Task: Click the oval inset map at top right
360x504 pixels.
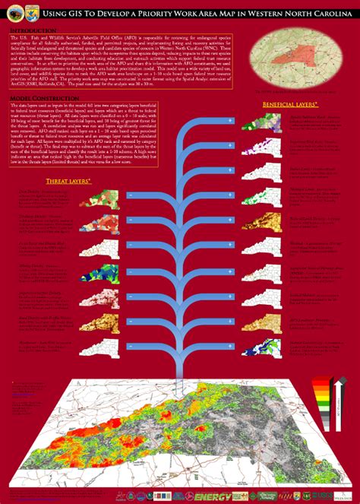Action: pos(303,57)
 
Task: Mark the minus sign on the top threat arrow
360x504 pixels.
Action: pos(131,197)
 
